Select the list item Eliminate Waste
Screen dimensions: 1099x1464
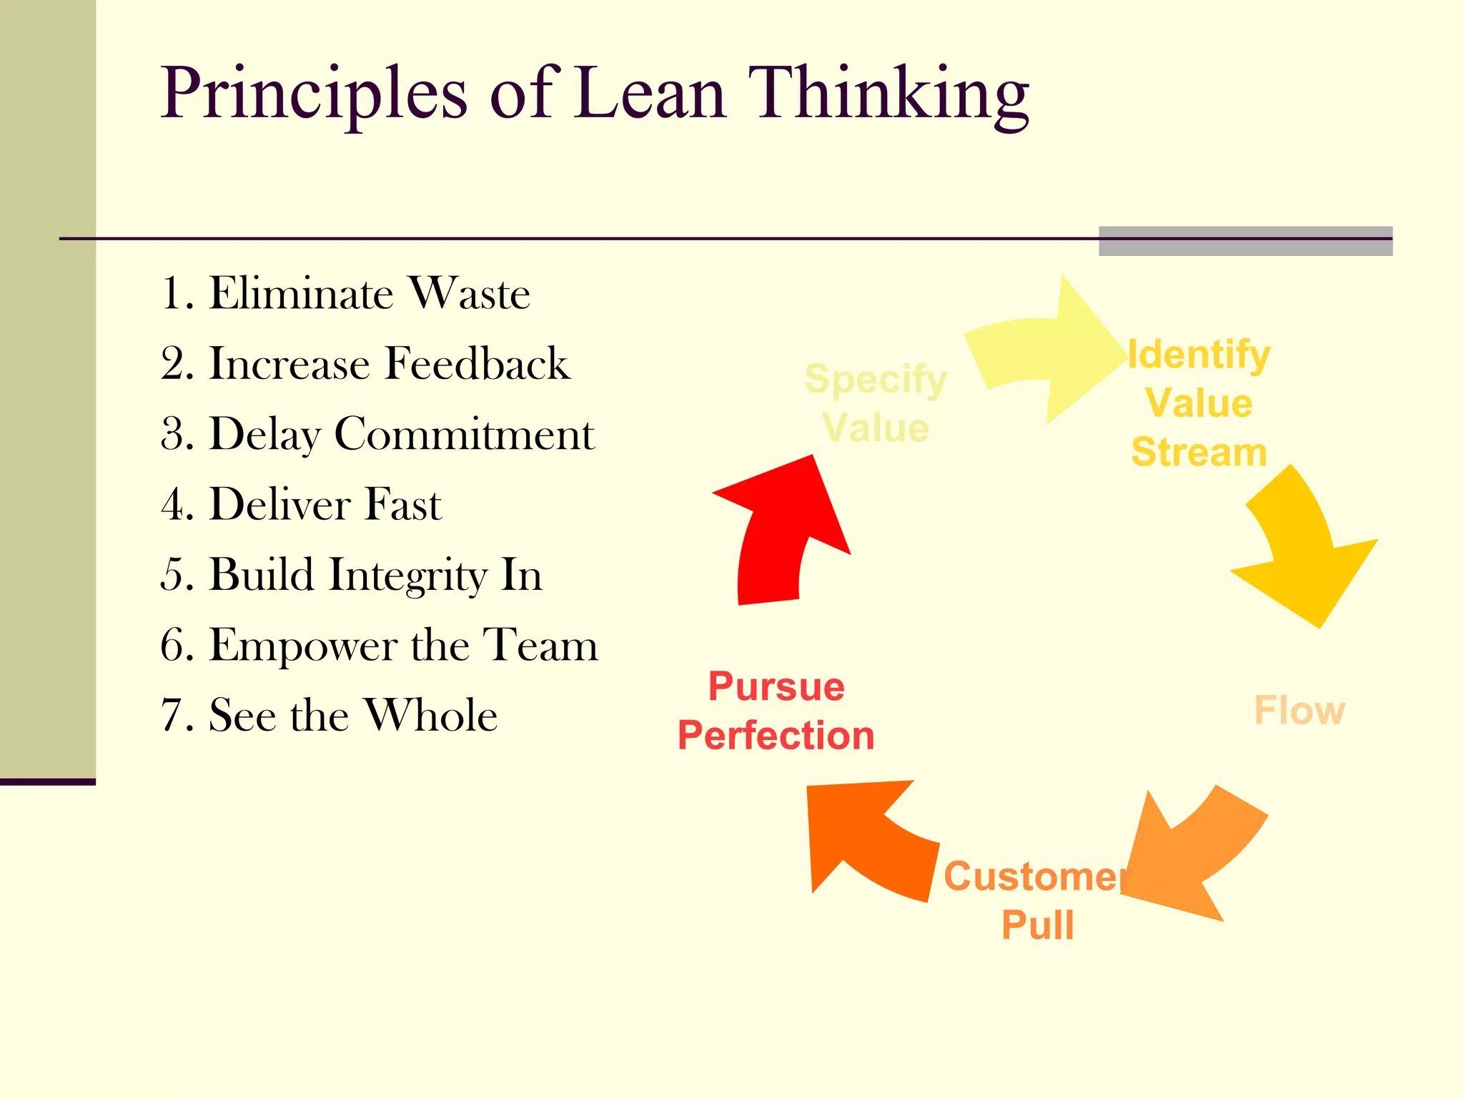[345, 293]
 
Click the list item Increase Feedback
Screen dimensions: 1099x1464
[365, 363]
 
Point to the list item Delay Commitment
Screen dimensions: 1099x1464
[377, 434]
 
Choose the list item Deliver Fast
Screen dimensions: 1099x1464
[301, 504]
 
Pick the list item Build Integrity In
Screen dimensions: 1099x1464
[351, 574]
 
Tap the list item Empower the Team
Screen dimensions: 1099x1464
[379, 645]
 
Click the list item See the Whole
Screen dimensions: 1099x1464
[329, 715]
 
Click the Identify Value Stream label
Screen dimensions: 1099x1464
[1199, 403]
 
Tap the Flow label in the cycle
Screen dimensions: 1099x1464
[1300, 710]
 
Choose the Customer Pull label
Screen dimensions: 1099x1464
[1037, 900]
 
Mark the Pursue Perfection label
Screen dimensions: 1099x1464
[776, 711]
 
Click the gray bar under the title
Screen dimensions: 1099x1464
[1245, 242]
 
